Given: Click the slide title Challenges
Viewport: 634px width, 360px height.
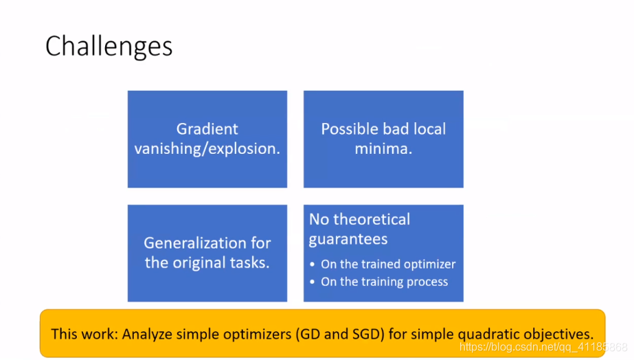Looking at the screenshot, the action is (x=109, y=47).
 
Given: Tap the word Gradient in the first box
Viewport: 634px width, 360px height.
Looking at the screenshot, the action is (x=207, y=129).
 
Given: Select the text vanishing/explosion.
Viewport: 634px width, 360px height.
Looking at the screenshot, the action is (x=207, y=148).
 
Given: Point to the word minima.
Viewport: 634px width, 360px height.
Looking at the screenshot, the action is (x=383, y=148).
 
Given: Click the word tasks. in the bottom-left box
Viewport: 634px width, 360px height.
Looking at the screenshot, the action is (x=250, y=262).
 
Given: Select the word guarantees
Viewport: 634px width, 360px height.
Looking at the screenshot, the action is (x=348, y=239).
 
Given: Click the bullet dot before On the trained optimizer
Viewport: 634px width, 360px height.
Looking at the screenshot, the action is (x=312, y=264).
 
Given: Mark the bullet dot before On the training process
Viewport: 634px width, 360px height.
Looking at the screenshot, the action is (x=312, y=282).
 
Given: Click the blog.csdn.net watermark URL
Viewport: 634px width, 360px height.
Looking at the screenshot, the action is (x=543, y=347).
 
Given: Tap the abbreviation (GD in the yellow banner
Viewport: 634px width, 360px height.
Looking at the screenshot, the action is (x=308, y=334).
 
